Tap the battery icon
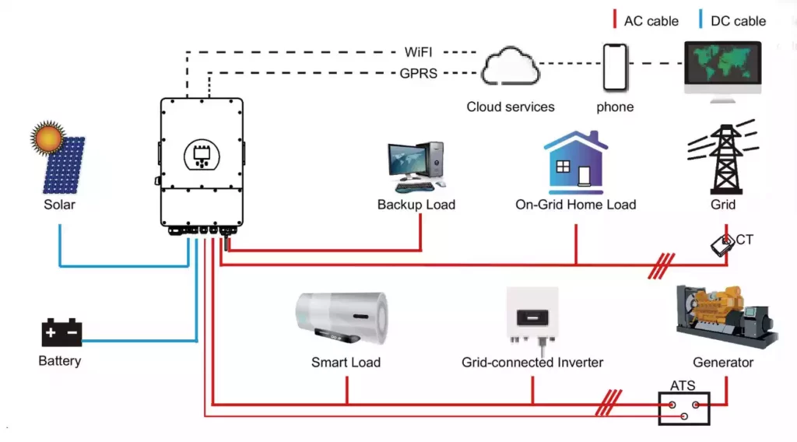point(61,333)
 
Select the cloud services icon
point(510,68)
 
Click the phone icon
point(615,68)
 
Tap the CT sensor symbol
point(723,245)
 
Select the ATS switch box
point(684,407)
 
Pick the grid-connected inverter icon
point(532,316)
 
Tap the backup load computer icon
point(416,167)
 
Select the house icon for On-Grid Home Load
point(576,163)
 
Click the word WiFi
point(420,52)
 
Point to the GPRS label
point(418,74)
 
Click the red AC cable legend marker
point(615,20)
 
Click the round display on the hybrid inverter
point(202,156)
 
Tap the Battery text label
point(60,361)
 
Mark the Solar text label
point(60,205)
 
